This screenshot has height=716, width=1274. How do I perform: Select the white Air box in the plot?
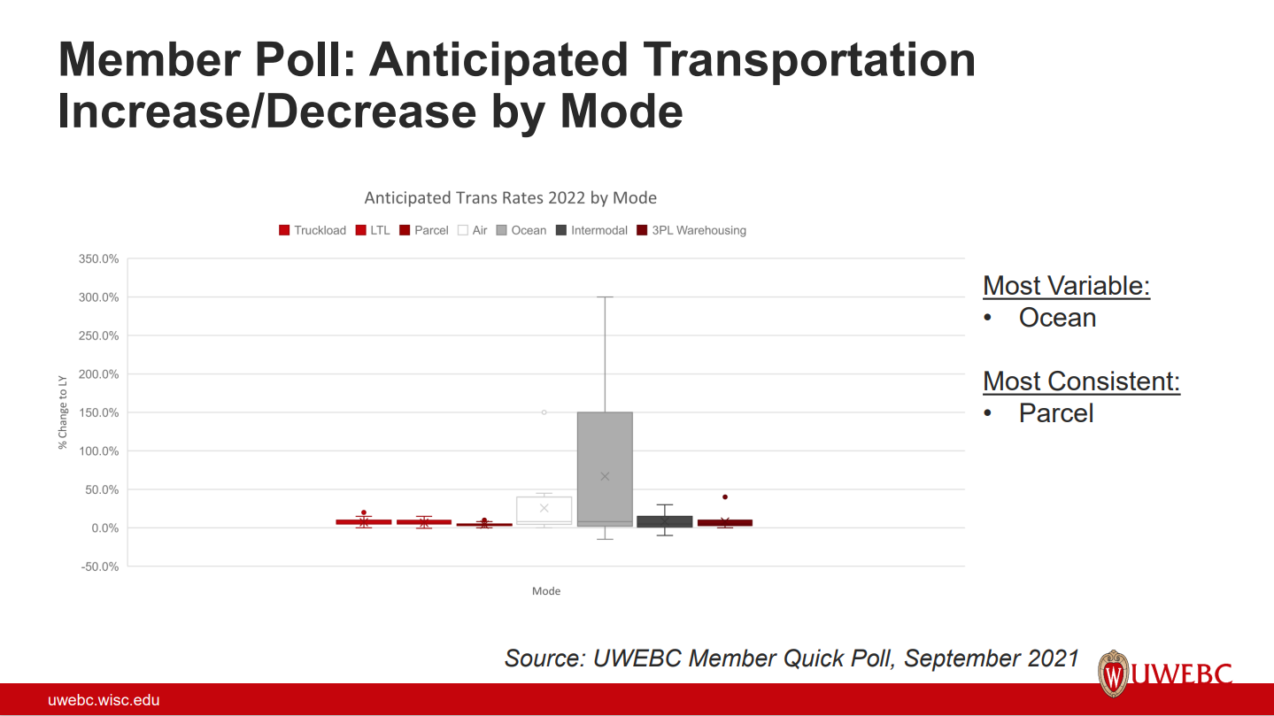click(544, 511)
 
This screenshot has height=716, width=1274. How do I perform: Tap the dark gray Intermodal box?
click(665, 521)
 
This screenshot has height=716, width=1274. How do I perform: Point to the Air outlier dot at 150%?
click(544, 412)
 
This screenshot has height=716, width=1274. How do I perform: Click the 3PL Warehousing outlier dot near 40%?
click(725, 497)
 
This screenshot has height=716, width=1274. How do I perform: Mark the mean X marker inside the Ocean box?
click(605, 476)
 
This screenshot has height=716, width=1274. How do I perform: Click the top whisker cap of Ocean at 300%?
click(605, 297)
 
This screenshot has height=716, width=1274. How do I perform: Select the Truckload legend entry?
click(313, 230)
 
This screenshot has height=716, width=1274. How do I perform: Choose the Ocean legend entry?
click(521, 230)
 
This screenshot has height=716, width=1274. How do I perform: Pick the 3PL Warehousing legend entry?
click(691, 230)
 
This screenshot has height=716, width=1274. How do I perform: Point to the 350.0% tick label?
click(98, 259)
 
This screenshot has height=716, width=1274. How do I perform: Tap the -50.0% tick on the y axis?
click(100, 566)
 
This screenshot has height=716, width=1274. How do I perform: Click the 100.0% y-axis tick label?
click(98, 451)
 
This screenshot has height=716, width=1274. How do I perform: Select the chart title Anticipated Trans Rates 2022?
click(510, 197)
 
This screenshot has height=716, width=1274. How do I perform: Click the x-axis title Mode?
click(546, 591)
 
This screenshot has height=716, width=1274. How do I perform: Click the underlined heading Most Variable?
click(1066, 286)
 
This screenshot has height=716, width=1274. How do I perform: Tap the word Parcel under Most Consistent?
click(1056, 413)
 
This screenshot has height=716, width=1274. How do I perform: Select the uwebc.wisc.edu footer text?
click(104, 701)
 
